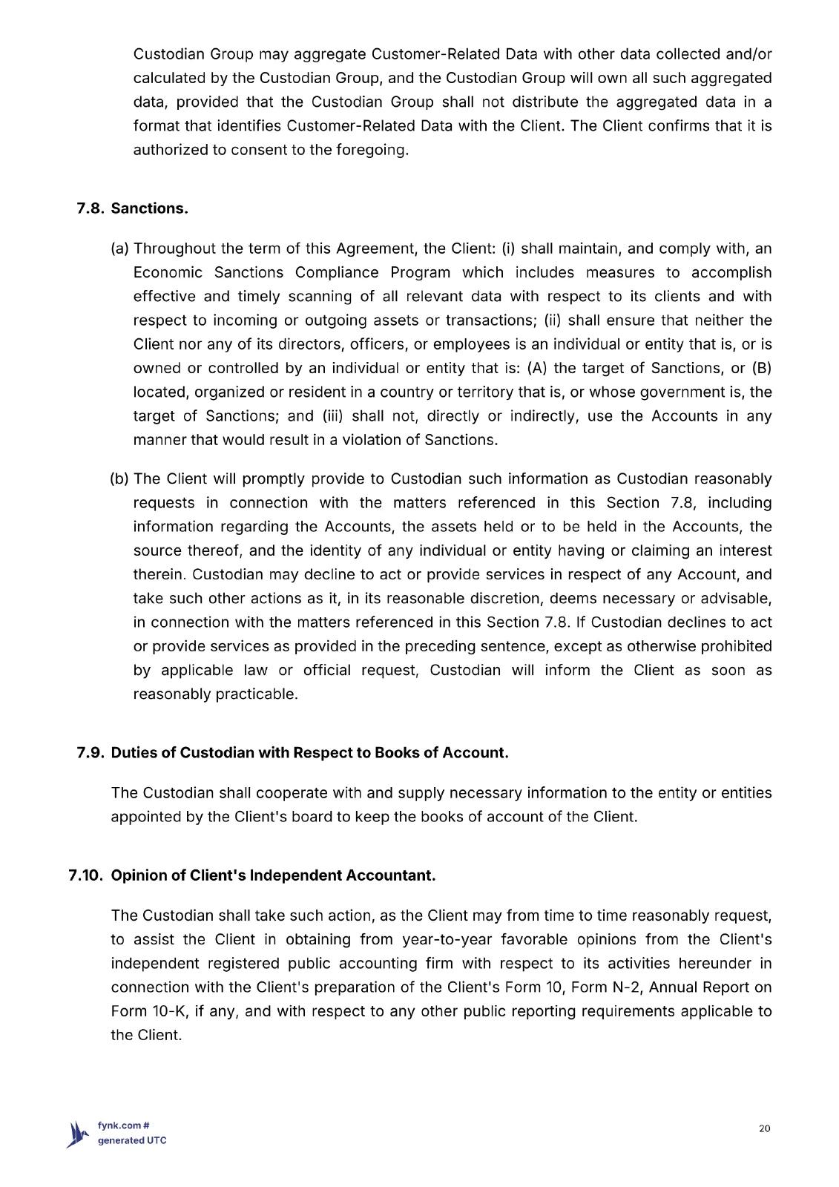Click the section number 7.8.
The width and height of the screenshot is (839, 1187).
[x=91, y=208]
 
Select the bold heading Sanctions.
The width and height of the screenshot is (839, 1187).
[x=149, y=208]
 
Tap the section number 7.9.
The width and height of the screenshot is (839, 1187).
[x=91, y=753]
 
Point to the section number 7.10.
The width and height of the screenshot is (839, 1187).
[x=85, y=875]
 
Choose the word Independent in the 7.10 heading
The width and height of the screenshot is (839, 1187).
[x=300, y=875]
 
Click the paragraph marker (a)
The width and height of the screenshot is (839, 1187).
[x=119, y=249]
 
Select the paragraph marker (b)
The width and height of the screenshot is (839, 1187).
[x=119, y=479]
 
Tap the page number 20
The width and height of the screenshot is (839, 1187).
[x=765, y=1128]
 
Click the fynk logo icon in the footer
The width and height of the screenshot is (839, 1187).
[x=78, y=1134]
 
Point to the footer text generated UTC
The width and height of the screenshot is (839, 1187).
[x=132, y=1140]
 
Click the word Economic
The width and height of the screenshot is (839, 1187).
[x=168, y=273]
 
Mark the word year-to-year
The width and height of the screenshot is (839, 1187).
[x=447, y=940]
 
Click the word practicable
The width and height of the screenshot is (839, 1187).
[x=256, y=694]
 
